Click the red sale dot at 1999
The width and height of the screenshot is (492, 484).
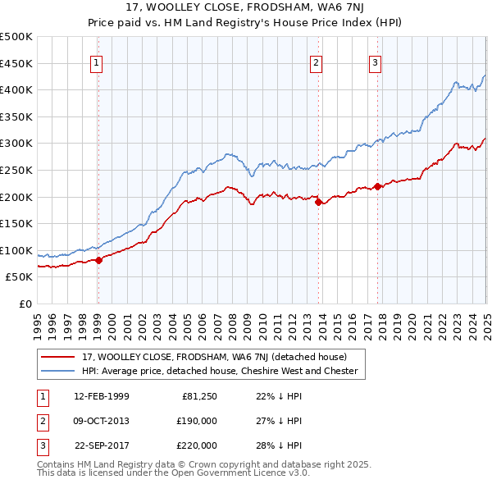tap(98, 260)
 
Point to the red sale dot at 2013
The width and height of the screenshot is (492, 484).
tap(317, 202)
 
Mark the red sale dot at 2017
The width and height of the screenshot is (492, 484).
tap(377, 186)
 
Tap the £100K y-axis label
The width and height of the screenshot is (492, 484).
tap(17, 250)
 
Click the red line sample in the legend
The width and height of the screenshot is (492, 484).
tap(58, 357)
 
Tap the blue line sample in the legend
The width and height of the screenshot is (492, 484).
tap(58, 371)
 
